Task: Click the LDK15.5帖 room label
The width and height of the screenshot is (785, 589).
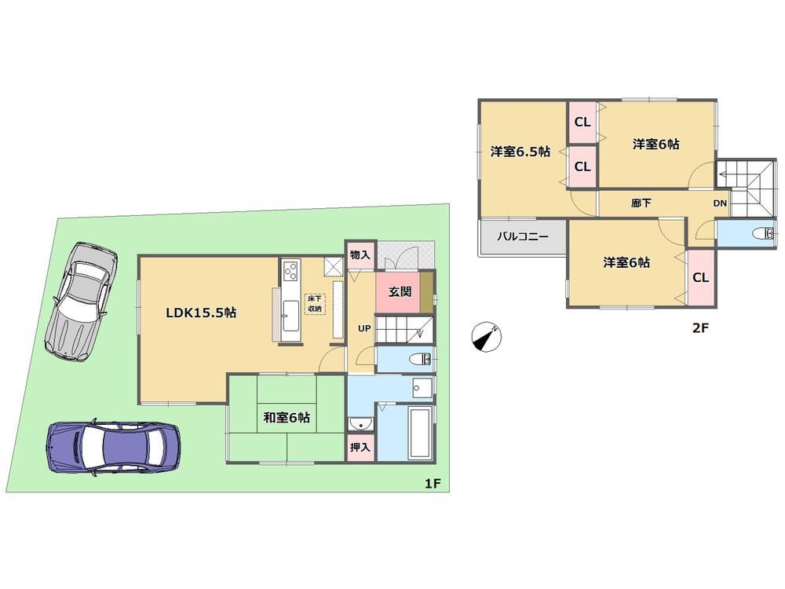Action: (201, 313)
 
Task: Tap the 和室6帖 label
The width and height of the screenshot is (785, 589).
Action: (287, 418)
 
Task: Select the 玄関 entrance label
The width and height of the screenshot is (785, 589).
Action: (400, 291)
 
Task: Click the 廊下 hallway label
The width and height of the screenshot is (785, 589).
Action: (641, 203)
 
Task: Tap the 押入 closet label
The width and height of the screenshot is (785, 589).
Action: (361, 447)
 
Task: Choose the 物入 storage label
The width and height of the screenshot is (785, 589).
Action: (360, 255)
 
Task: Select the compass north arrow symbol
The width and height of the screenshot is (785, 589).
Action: (486, 337)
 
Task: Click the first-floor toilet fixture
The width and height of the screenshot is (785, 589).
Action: (420, 359)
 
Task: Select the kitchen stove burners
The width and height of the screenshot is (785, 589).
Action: (290, 272)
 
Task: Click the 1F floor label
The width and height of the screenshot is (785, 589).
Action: (432, 484)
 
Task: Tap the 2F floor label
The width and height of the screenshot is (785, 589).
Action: (700, 329)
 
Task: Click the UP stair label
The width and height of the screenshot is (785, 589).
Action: (365, 328)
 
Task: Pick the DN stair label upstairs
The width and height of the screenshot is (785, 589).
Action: (720, 203)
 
